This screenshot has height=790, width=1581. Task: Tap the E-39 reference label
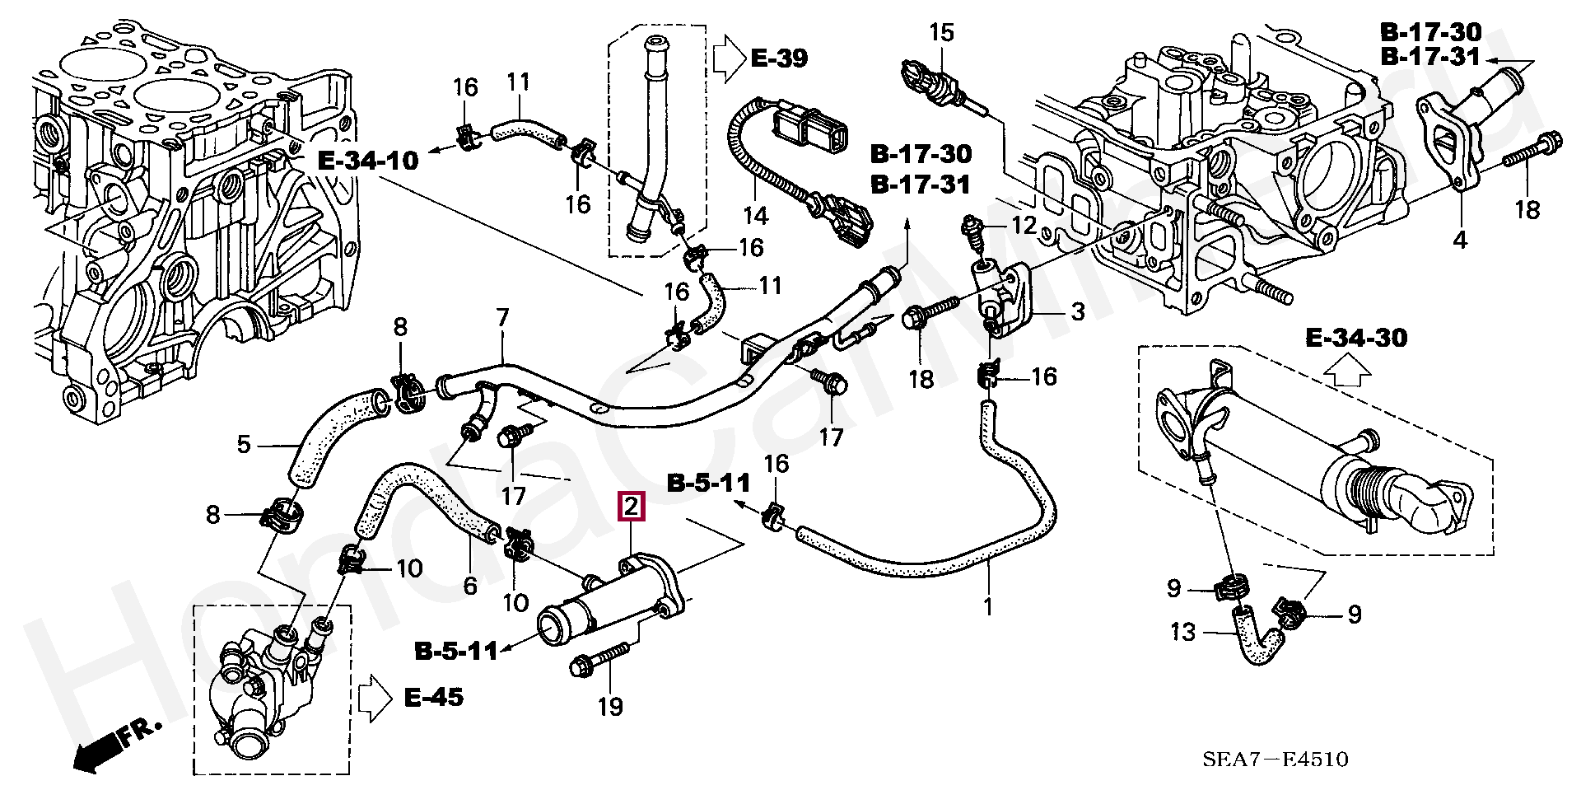point(778,58)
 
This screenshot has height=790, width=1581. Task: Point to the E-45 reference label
point(433,697)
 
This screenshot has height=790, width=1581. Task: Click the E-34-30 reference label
point(1356,337)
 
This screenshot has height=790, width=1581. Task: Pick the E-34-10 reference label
point(368,160)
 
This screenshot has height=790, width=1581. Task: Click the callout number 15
point(941,33)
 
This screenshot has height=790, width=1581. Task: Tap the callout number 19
point(610,706)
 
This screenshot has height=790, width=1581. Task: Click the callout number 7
point(502,317)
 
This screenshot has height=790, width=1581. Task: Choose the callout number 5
point(244,445)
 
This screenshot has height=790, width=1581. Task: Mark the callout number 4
point(1459,241)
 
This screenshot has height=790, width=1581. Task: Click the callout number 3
point(1077,311)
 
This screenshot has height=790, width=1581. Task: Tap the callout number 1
point(988,607)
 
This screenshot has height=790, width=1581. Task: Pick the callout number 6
point(469,586)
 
